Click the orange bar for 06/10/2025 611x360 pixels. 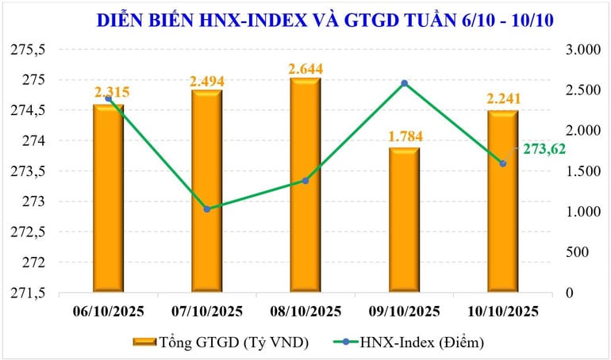pos(108,198)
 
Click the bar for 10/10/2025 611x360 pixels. pos(502,201)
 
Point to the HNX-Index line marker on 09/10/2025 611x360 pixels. pos(404,83)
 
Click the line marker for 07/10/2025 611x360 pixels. pos(206,209)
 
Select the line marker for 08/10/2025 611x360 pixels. pos(305,181)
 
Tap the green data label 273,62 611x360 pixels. pos(543,148)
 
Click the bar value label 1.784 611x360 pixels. pos(404,138)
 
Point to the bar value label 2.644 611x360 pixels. pos(305,69)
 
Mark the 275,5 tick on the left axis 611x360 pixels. pos(32,50)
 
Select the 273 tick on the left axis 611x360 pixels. pos(37,202)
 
